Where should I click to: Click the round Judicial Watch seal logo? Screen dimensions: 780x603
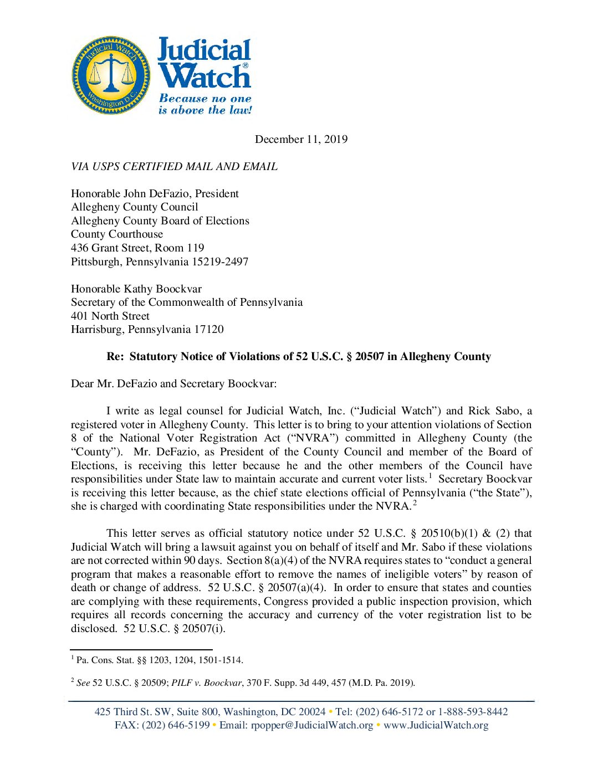point(111,75)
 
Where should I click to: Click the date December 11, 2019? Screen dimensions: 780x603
point(301,139)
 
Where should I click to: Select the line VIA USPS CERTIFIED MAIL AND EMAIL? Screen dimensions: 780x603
point(174,166)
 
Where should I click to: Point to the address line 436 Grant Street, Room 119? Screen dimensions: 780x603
point(137,248)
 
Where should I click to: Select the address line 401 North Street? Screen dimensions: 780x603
point(110,316)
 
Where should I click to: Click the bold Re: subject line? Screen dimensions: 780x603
point(299,357)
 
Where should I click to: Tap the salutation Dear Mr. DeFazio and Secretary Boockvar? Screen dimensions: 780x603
point(173,383)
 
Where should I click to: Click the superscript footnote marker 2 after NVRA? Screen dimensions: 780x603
point(415,503)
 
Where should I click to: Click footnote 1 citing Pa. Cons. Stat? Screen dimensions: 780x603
point(157,660)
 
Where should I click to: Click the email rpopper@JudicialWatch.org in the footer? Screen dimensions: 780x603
point(312,725)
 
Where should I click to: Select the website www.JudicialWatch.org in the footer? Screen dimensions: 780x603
point(436,725)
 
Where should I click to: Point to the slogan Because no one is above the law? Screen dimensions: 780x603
point(205,104)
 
